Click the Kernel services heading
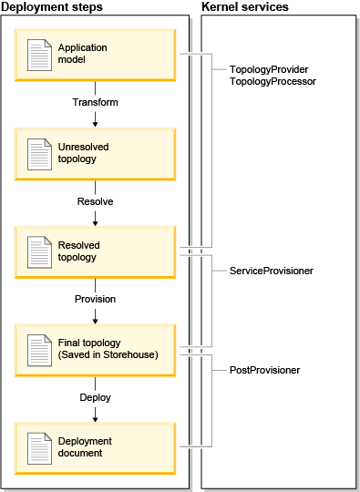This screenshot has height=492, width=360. (x=244, y=7)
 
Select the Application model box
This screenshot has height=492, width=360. (x=95, y=54)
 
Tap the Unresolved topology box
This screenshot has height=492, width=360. (x=95, y=152)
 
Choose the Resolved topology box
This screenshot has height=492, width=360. (x=95, y=251)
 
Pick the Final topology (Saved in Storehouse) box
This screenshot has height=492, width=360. (x=95, y=348)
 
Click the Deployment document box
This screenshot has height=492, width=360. (x=95, y=446)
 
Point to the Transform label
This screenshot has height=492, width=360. (x=95, y=102)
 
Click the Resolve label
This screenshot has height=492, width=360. (x=95, y=200)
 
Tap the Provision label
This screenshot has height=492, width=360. (x=95, y=299)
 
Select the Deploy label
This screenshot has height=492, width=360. (x=95, y=397)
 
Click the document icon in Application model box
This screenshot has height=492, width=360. (x=39, y=55)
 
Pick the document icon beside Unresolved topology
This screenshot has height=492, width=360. (x=39, y=153)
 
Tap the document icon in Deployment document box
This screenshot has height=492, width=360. (x=39, y=447)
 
